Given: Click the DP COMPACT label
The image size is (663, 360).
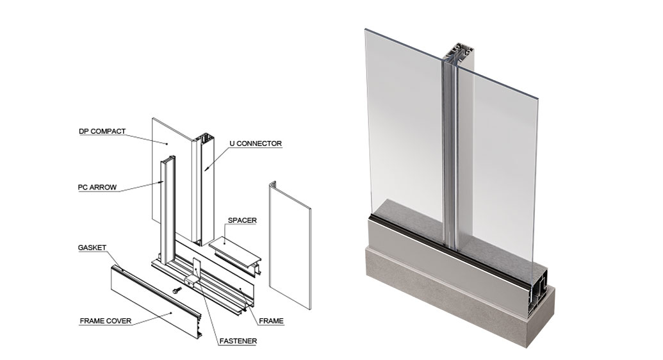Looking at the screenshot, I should pos(102,131).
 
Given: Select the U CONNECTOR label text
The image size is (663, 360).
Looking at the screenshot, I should pos(255,143).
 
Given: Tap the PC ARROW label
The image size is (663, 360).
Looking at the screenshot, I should pos(97,188).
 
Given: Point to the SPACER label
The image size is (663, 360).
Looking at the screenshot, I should pos(242,220).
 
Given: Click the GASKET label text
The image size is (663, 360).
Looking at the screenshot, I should pos(92,247).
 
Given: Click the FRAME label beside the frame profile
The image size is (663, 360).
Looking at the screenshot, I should pos(272,320).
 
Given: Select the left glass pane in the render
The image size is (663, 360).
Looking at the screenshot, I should pos(404,128).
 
